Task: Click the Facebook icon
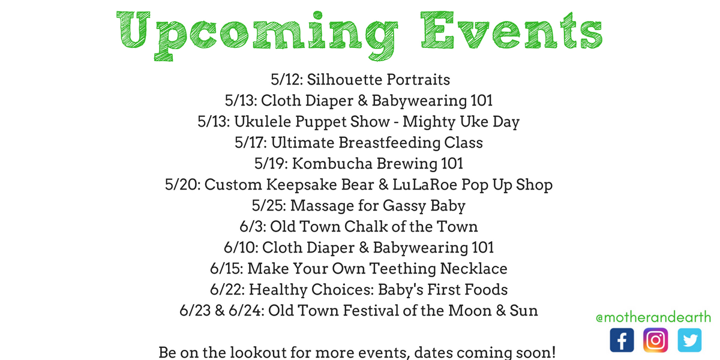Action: pyautogui.click(x=622, y=340)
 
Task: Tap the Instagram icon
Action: pyautogui.click(x=656, y=340)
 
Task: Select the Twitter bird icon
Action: pyautogui.click(x=689, y=340)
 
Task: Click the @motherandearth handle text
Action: pyautogui.click(x=653, y=317)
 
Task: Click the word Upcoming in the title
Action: pyautogui.click(x=257, y=35)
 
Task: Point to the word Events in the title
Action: pyautogui.click(x=512, y=30)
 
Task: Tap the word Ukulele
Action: pyautogui.click(x=263, y=121)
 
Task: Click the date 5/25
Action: pyautogui.click(x=269, y=205)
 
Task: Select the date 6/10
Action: pyautogui.click(x=241, y=247)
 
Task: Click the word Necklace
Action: pyautogui.click(x=473, y=268)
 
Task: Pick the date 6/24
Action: pyautogui.click(x=247, y=311)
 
